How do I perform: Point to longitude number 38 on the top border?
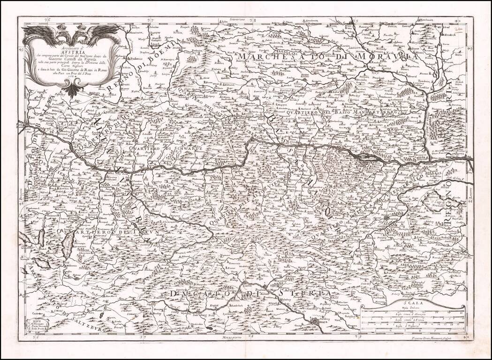(252, 20)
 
